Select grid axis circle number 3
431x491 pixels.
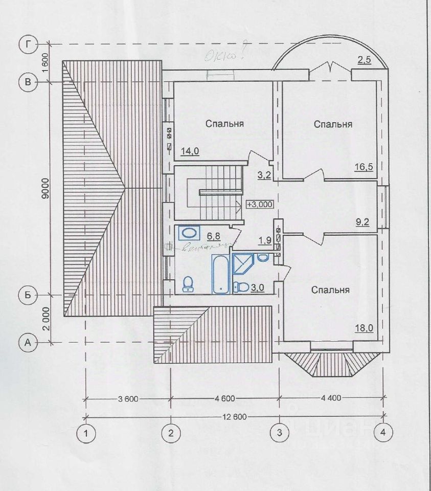coord(279,433)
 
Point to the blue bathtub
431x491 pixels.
coord(220,274)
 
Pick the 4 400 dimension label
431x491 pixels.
coord(334,397)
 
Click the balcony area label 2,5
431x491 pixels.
coord(364,60)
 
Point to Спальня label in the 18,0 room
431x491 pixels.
coord(331,290)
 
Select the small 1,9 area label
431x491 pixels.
coord(264,240)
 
